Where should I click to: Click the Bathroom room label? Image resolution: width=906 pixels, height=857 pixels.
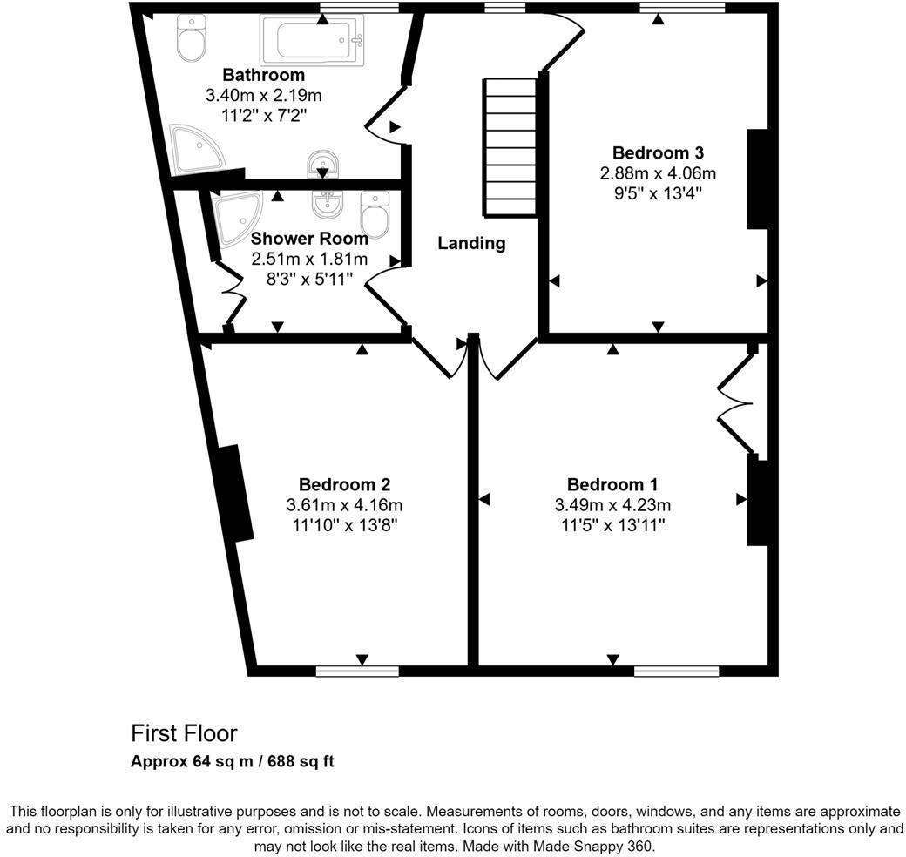pyautogui.click(x=263, y=75)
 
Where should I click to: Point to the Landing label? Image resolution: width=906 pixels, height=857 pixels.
pyautogui.click(x=471, y=243)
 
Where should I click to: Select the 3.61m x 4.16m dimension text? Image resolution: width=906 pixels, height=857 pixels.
pyautogui.click(x=344, y=505)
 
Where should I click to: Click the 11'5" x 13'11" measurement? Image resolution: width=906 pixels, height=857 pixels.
pyautogui.click(x=612, y=526)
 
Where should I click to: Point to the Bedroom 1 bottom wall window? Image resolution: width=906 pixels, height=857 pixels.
pyautogui.click(x=676, y=670)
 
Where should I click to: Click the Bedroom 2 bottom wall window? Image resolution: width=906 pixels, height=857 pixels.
pyautogui.click(x=357, y=670)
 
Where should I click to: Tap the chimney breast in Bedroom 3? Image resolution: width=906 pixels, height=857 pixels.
pyautogui.click(x=757, y=179)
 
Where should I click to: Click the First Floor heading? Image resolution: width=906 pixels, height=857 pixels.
pyautogui.click(x=184, y=733)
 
